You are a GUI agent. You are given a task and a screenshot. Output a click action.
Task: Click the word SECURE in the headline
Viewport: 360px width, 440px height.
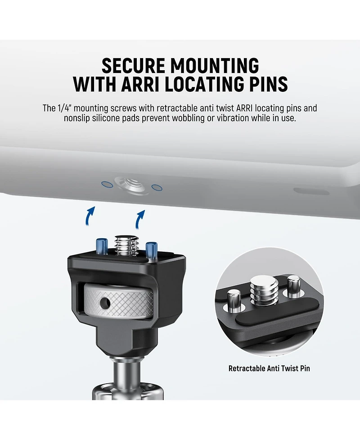pyautogui.click(x=133, y=66)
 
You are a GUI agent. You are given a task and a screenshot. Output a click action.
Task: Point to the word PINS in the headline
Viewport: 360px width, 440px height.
pyautogui.click(x=269, y=84)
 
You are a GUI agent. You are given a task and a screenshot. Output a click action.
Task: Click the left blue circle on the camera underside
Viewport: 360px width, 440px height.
pyautogui.click(x=107, y=184)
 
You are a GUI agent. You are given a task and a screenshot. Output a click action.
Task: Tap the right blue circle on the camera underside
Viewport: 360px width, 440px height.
pyautogui.click(x=157, y=187)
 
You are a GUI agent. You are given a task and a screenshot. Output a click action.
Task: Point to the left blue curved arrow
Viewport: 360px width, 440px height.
pyautogui.click(x=90, y=216)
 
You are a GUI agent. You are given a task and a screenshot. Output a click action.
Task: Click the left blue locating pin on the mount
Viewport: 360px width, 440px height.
pyautogui.click(x=102, y=246)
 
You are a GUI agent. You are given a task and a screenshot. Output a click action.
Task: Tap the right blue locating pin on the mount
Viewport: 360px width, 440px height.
pyautogui.click(x=151, y=250)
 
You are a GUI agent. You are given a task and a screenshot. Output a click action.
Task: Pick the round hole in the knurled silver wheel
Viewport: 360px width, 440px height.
pyautogui.click(x=105, y=302)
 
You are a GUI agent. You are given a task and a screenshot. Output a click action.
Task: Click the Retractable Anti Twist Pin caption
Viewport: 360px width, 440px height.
pyautogui.click(x=269, y=368)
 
